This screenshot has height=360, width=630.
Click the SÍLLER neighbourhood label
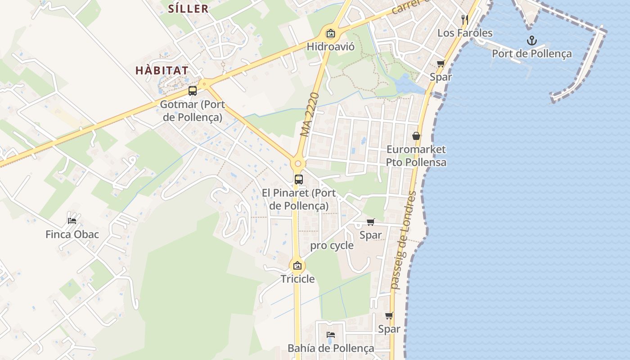pos(188,9)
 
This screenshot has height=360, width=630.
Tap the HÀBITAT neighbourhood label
pos(162,71)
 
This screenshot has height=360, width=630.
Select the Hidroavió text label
pos(331,47)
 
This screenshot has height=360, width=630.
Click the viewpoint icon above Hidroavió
pos(331,33)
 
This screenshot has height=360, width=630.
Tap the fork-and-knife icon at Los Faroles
pos(465,19)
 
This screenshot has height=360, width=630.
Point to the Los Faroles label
pos(465,33)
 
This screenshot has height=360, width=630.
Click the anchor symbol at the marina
pos(532,41)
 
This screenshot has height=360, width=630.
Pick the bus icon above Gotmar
pos(192,91)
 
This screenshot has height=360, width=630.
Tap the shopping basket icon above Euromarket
pos(416,136)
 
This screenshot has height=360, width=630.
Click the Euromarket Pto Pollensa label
pos(416,156)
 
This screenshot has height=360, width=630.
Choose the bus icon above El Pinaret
pos(298,180)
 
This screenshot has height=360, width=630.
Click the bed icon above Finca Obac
pos(72,220)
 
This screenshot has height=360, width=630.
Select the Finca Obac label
pos(72,234)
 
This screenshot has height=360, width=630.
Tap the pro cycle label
pos(332,246)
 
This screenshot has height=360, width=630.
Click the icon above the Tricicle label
pos(297,265)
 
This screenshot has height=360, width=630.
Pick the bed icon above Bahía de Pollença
pos(331,335)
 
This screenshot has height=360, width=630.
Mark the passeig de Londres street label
pos(404,241)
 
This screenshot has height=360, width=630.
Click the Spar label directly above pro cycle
pos(370,235)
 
